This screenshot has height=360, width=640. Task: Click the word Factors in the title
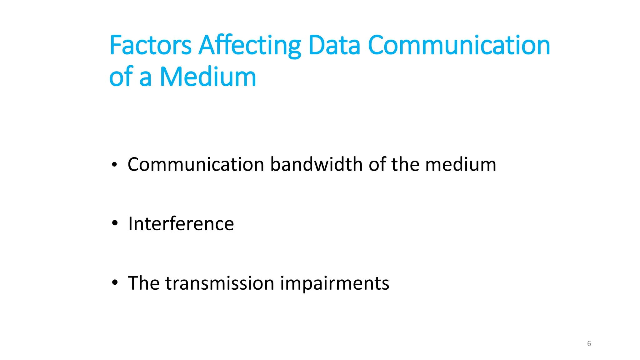tap(150, 45)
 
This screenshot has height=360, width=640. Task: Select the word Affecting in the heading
tap(250, 46)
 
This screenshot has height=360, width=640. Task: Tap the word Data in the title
tap(334, 45)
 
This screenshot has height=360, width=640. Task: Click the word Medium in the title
tap(208, 77)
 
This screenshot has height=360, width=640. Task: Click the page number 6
tap(589, 344)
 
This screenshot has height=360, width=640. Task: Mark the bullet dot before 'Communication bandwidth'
tap(115, 164)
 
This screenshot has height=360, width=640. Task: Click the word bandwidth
tap(316, 164)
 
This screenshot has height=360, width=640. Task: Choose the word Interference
tap(181, 224)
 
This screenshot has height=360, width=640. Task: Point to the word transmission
tap(220, 283)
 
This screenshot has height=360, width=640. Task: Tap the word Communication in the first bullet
tap(196, 164)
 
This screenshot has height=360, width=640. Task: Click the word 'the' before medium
tap(405, 164)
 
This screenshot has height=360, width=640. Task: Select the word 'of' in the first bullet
tap(377, 164)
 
